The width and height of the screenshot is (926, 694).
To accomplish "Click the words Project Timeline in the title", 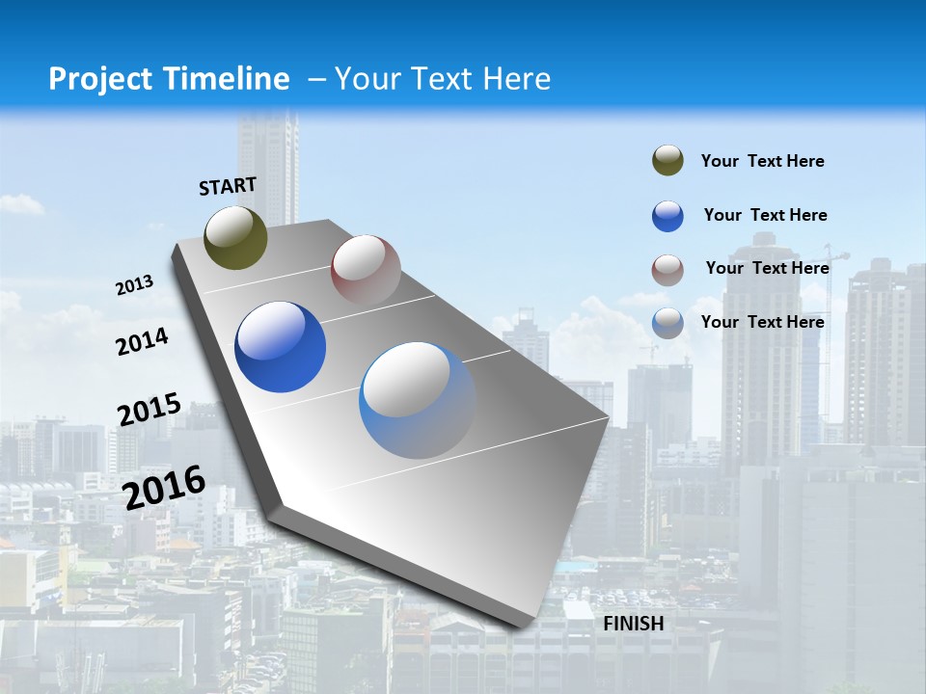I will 169,79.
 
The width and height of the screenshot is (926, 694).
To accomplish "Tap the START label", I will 228,186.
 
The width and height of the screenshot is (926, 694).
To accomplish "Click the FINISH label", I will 634,624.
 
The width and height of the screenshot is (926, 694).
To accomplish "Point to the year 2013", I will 135,285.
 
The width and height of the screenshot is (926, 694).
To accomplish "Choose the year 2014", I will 143,341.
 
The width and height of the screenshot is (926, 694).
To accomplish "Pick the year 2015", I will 150,410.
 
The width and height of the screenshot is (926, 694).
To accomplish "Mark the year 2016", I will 165,487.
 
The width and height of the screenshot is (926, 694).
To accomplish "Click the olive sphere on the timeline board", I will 236,238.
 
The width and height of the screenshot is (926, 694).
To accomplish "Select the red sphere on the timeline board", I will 366,270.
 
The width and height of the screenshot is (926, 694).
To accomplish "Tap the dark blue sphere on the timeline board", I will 281,347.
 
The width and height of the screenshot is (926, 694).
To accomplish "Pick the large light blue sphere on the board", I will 418,400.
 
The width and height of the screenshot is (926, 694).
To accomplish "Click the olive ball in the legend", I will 667,161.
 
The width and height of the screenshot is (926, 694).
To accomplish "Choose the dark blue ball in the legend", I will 667,216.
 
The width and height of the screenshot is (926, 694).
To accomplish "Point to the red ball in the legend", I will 667,270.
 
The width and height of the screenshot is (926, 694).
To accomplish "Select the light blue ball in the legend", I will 667,323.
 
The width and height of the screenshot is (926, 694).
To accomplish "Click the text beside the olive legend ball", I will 763,161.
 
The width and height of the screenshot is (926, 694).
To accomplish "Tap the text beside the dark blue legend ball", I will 766,215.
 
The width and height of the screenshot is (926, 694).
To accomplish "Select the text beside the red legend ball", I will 768,268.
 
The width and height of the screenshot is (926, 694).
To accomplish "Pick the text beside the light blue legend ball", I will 763,322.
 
